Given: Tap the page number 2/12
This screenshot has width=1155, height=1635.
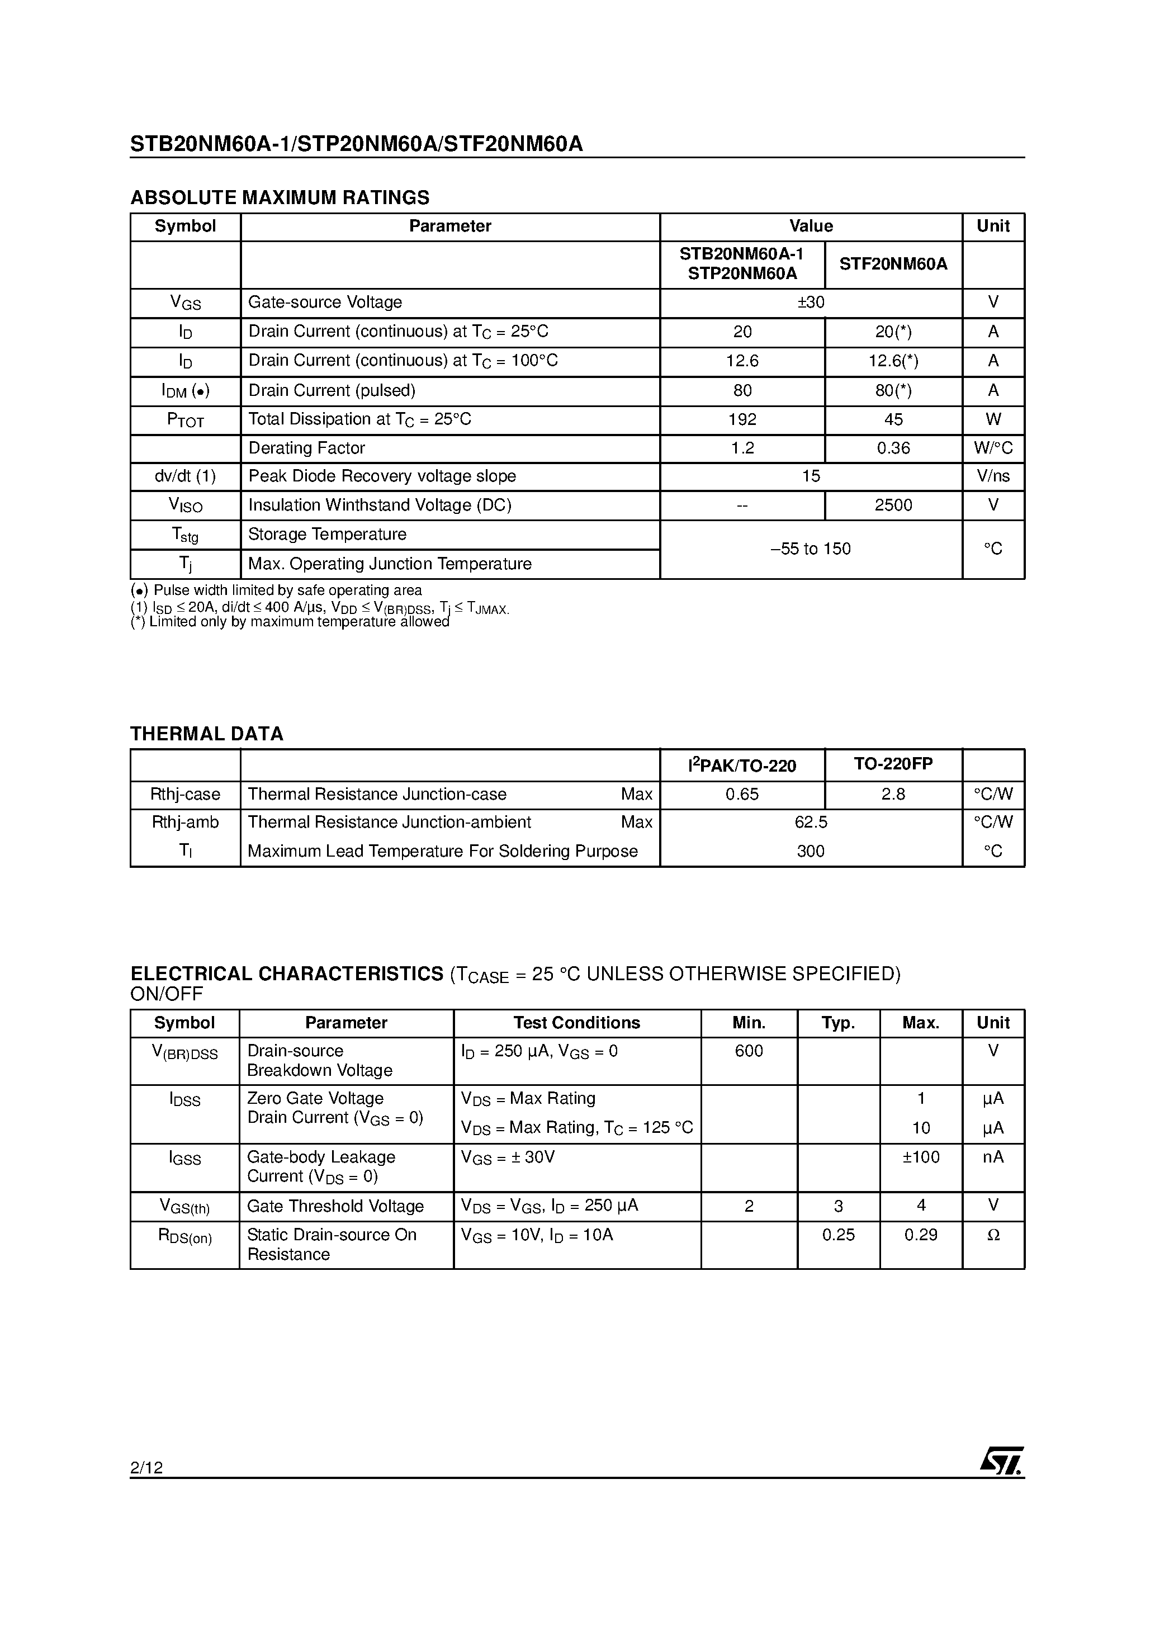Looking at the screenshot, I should click(146, 1467).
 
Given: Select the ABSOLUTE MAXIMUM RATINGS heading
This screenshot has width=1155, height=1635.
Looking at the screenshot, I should click(280, 197).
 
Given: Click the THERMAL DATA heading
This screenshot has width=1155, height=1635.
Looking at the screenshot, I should click(206, 734).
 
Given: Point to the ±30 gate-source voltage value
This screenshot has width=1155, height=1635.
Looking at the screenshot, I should click(811, 302).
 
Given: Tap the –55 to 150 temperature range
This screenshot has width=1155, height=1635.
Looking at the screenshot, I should click(811, 549).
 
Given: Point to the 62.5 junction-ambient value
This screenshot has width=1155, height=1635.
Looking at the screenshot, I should click(811, 822).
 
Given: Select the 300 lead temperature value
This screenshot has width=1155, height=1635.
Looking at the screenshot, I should click(811, 851).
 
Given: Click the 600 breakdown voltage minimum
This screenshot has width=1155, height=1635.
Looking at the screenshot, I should click(749, 1051).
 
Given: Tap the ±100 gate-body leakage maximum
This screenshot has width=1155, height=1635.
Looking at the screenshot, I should click(921, 1157).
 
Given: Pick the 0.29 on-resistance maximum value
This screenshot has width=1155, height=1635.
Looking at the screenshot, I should click(921, 1235).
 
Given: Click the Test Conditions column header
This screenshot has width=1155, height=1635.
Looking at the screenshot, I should click(577, 1023).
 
